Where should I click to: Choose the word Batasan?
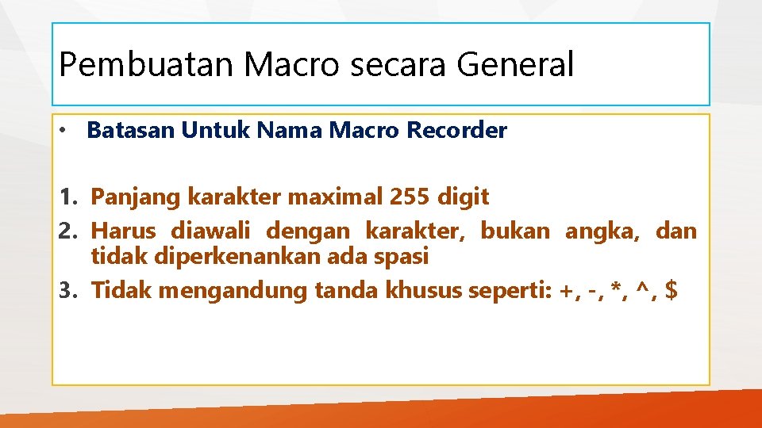[x=130, y=131]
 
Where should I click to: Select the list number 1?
[x=67, y=197]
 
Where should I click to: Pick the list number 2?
[x=67, y=231]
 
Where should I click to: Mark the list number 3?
[x=67, y=291]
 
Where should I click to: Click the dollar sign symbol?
[x=672, y=291]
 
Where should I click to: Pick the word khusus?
[x=421, y=291]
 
